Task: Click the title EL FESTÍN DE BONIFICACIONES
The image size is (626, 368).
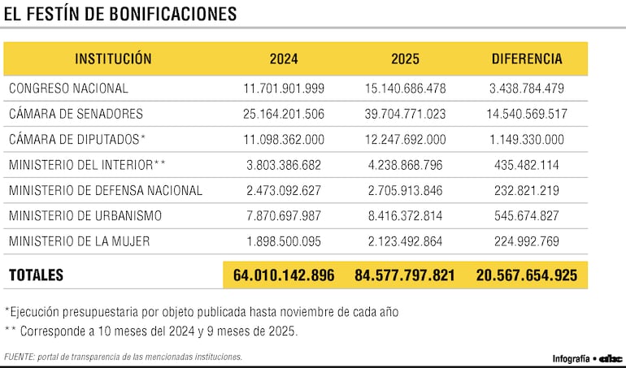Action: pyautogui.click(x=120, y=15)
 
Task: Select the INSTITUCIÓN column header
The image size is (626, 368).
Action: pyautogui.click(x=113, y=59)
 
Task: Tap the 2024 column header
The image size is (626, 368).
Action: pyautogui.click(x=284, y=59)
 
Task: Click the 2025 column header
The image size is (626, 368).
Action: pyautogui.click(x=405, y=59)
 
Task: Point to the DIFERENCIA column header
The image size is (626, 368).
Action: pyautogui.click(x=527, y=59)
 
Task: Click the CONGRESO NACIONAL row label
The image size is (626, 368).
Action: pyautogui.click(x=68, y=89)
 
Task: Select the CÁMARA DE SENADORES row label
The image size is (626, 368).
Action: pyautogui.click(x=76, y=114)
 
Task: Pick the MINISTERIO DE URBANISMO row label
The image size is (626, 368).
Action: pyautogui.click(x=85, y=216)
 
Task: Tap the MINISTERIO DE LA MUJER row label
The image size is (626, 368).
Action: pyautogui.click(x=79, y=241)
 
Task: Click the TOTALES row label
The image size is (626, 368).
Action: pyautogui.click(x=37, y=275)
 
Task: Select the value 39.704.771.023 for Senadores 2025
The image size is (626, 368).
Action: pyautogui.click(x=405, y=114)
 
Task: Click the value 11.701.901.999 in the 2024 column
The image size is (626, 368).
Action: pyautogui.click(x=284, y=89)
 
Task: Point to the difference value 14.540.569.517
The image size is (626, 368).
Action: pyautogui.click(x=527, y=114)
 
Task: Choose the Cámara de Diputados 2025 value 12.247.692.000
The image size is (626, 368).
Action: pyautogui.click(x=405, y=140)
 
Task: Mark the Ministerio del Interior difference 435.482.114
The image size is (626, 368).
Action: pyautogui.click(x=527, y=165)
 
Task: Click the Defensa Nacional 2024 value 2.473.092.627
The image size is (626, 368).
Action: pyautogui.click(x=284, y=191)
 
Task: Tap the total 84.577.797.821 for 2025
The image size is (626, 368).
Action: pyautogui.click(x=405, y=275)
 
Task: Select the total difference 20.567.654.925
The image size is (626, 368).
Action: pyautogui.click(x=527, y=275)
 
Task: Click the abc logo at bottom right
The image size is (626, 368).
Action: pyautogui.click(x=610, y=358)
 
